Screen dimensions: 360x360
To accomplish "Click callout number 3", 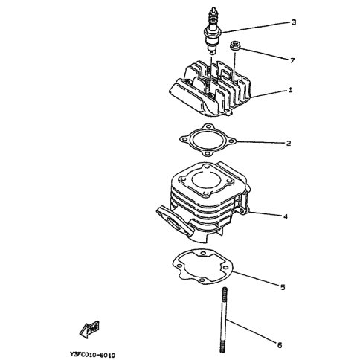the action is pos(294,22).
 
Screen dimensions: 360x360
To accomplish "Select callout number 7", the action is pos(292,60).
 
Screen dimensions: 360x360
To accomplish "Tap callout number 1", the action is pos(290,90).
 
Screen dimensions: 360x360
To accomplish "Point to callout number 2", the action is pos(289,143).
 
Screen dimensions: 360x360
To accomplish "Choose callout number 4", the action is pos(286,216).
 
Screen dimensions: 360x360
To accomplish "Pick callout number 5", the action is pos(283,287).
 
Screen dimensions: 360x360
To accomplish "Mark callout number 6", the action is pos(280,345).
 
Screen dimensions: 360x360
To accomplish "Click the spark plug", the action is pos(213,31).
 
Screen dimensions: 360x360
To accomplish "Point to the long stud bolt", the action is pos(224,320).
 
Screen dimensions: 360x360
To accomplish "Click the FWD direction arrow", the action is pos(89,329).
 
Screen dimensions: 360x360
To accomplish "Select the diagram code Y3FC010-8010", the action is pos(92,356).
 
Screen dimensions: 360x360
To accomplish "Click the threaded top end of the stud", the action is pos(225,292).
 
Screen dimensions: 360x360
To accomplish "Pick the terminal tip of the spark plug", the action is pos(213,10).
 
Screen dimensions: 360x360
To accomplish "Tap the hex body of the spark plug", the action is pos(213,32).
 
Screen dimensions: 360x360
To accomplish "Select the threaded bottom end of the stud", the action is pos(222,348).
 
